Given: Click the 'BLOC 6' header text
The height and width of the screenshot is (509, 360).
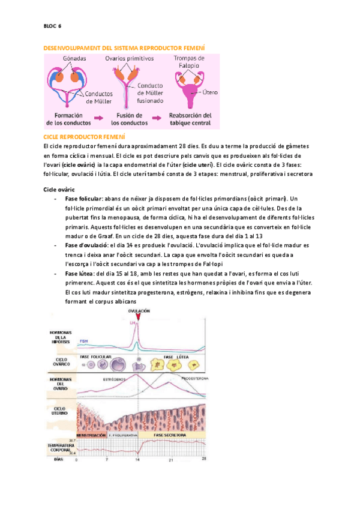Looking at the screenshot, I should [53, 26].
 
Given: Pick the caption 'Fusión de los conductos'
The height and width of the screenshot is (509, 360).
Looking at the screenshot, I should [130, 119].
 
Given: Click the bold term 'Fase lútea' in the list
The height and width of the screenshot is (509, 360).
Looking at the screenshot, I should [81, 273].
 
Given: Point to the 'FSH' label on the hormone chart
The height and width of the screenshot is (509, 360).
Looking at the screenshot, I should [84, 341].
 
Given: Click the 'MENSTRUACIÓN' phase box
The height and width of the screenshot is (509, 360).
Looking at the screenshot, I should [91, 434].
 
